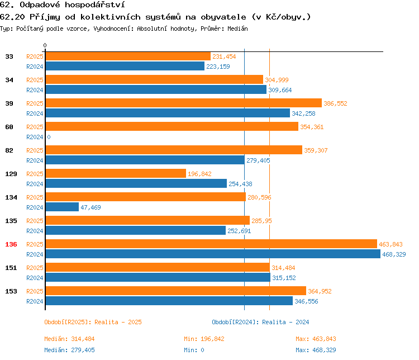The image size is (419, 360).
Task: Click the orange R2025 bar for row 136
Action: (211, 244)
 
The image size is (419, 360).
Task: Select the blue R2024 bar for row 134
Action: (61, 207)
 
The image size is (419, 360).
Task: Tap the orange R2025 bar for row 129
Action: (115, 173)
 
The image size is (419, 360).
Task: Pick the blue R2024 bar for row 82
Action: (144, 160)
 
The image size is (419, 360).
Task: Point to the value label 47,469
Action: (91, 207)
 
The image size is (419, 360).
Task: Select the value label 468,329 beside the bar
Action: (393, 254)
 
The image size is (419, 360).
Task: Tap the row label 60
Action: (9, 127)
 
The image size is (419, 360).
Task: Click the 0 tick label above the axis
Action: (45, 45)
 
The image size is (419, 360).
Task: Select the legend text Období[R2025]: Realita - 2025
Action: (93, 322)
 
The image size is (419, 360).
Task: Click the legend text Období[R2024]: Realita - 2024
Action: (260, 322)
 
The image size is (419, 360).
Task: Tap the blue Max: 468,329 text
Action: (316, 350)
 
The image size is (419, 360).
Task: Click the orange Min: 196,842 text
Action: (204, 339)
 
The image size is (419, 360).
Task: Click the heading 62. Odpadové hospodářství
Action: (61, 4)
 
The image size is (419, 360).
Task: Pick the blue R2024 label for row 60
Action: (35, 137)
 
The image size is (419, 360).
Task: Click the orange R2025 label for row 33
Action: (35, 56)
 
